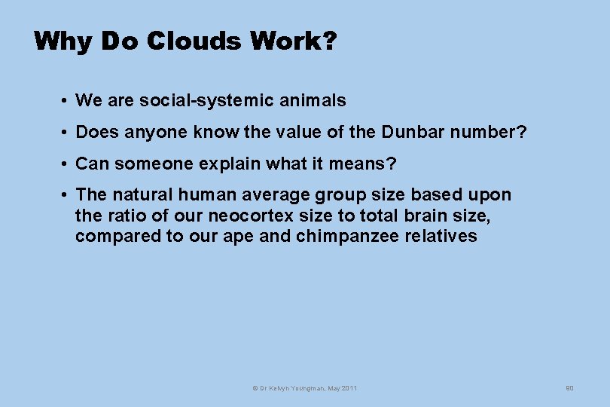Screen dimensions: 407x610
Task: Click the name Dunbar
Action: (413, 133)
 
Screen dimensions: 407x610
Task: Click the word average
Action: (276, 195)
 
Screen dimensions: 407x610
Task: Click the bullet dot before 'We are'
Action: (67, 101)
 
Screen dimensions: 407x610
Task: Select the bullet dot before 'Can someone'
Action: (67, 164)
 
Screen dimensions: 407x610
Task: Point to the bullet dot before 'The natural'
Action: (67, 196)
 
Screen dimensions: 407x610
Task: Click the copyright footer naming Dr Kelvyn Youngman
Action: (304, 388)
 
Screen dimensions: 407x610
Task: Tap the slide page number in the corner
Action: (569, 388)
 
